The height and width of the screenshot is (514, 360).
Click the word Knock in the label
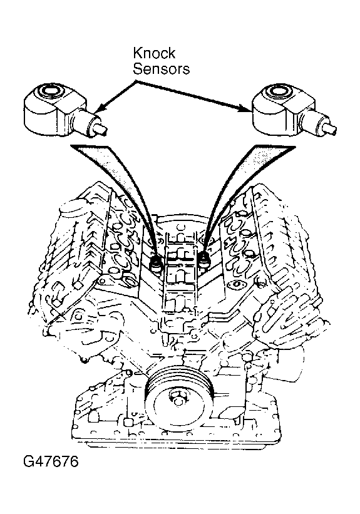[x=154, y=53]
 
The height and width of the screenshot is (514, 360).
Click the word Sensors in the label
[x=162, y=69]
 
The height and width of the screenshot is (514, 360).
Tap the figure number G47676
[x=51, y=462]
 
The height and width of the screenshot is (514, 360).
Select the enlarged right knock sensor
[x=293, y=110]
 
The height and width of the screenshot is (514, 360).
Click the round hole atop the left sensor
[x=51, y=91]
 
